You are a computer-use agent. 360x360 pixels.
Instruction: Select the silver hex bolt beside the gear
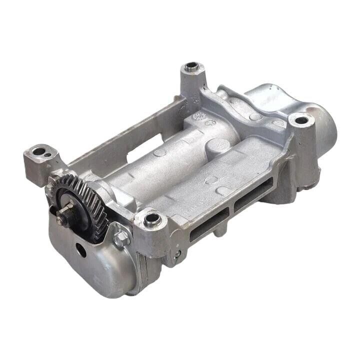[x=120, y=239]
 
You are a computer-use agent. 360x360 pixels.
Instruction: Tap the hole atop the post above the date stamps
[x=191, y=66]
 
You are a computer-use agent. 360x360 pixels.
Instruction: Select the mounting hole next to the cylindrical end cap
[x=301, y=120]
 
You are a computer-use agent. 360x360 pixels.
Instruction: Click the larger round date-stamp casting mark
[x=200, y=117]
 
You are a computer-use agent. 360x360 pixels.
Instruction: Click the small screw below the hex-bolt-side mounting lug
[x=177, y=254]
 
